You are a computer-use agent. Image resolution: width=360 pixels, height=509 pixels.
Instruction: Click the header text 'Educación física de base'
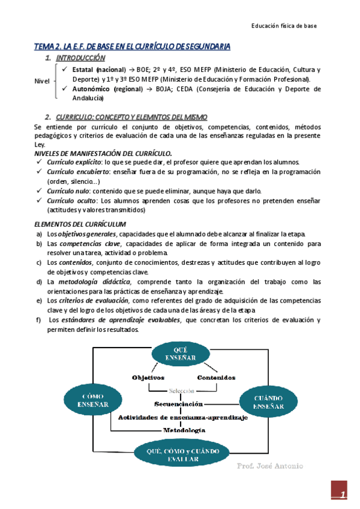pyautogui.click(x=283, y=26)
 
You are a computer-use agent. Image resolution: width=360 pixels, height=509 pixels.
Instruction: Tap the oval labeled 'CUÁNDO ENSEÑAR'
pyautogui.click(x=264, y=402)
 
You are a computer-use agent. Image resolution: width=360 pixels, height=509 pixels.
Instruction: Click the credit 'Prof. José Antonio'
pyautogui.click(x=270, y=466)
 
